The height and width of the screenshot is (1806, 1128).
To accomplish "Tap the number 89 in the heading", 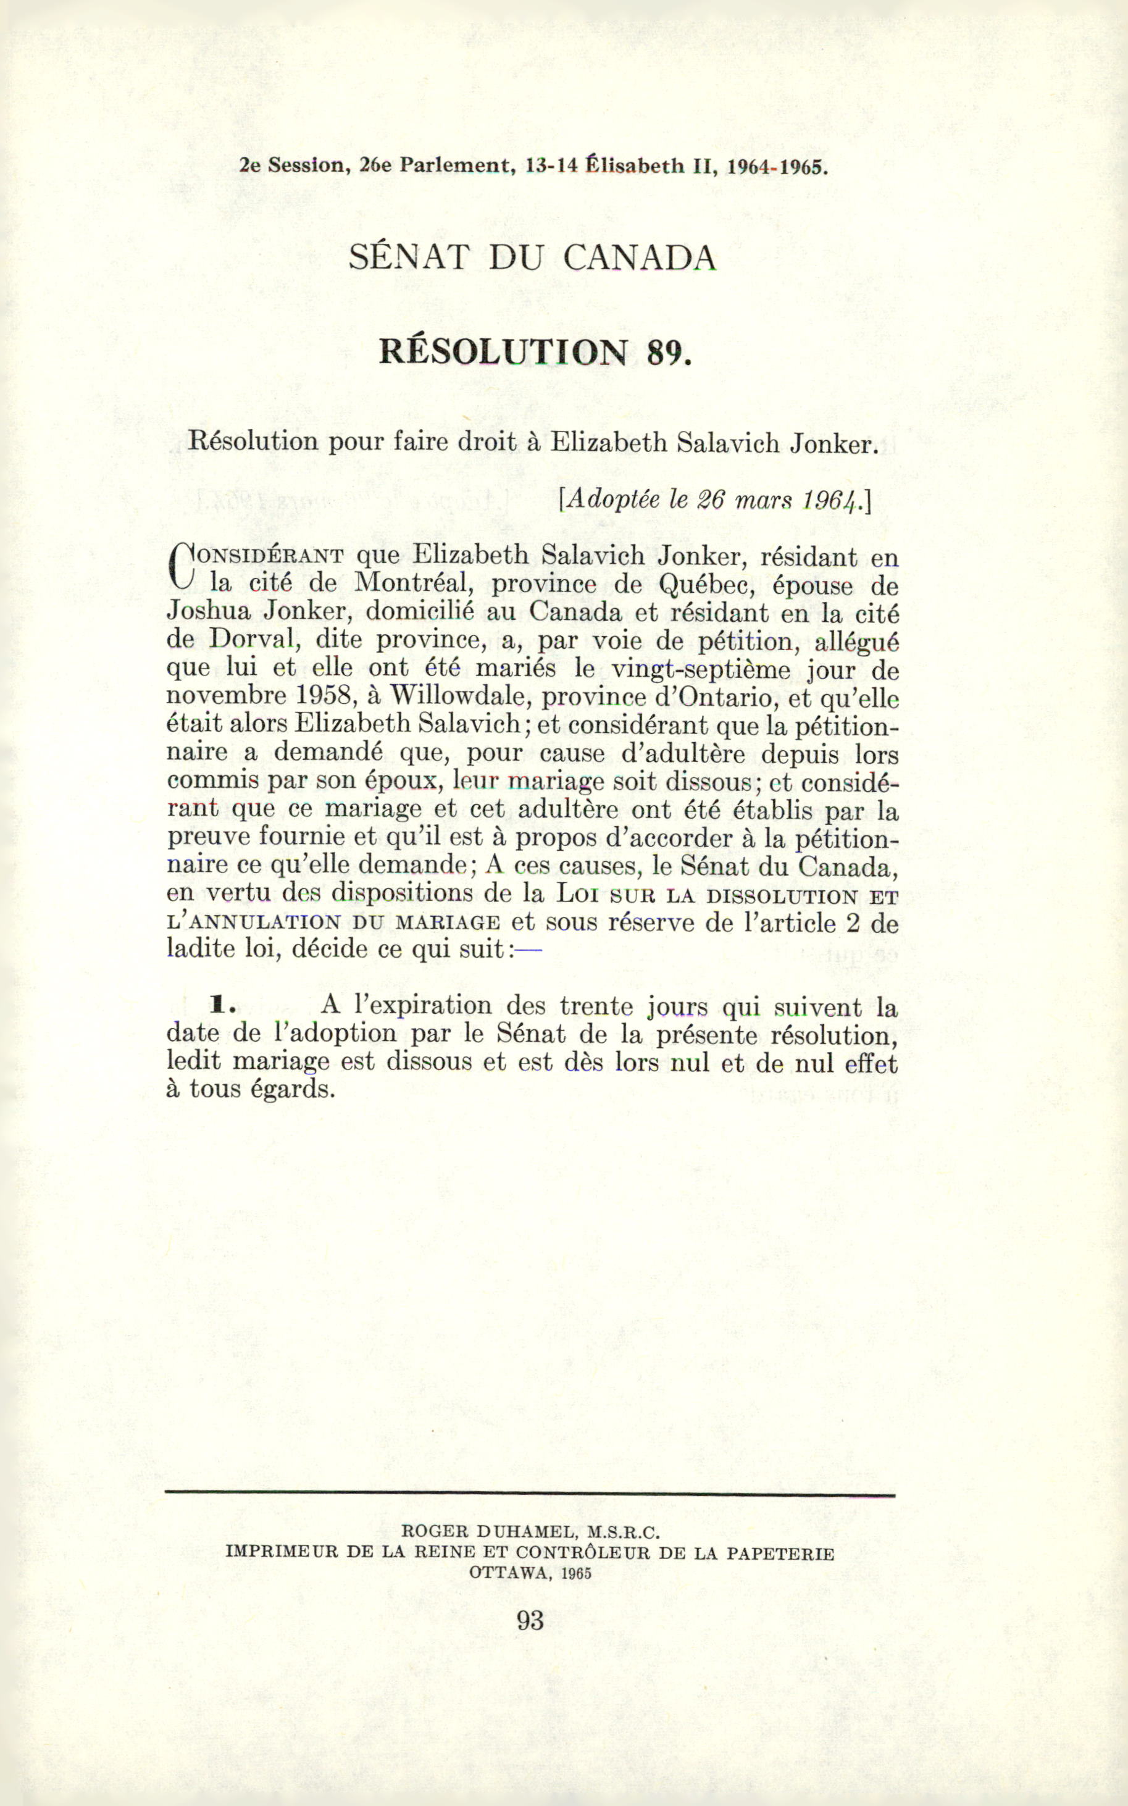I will click(665, 351).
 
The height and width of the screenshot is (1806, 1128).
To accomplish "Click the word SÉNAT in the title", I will click(408, 257).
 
